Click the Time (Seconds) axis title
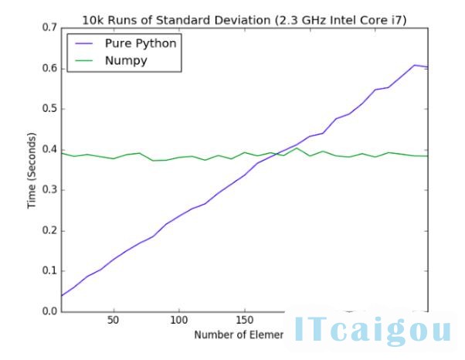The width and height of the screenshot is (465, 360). point(32,170)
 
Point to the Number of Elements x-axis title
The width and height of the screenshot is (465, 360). point(239,335)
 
